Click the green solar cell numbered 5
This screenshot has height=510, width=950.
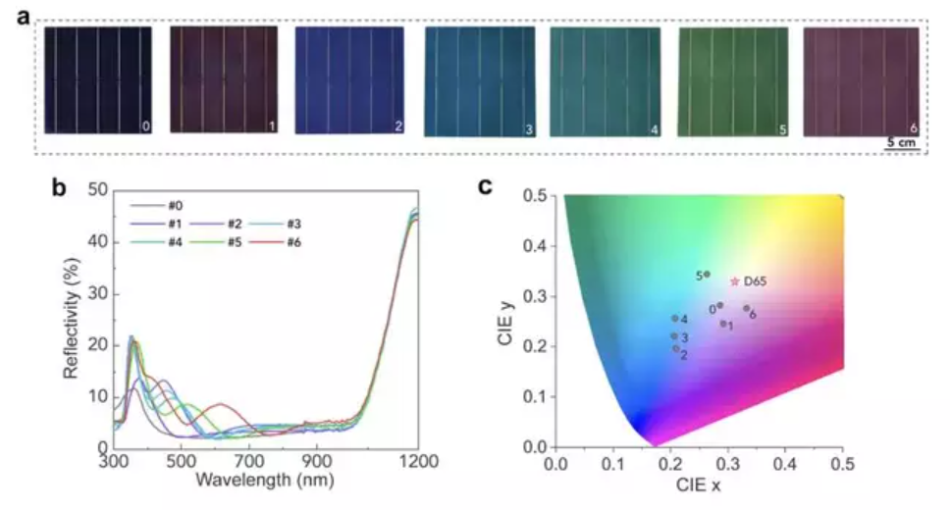[x=733, y=80]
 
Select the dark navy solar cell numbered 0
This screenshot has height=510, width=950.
[x=98, y=79]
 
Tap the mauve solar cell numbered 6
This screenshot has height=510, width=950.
[x=861, y=80]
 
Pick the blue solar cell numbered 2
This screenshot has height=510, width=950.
[x=349, y=80]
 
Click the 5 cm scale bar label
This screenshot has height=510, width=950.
[x=901, y=143]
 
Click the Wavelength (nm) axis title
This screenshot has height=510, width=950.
[x=265, y=482]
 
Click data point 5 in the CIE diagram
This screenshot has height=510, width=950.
[x=708, y=275]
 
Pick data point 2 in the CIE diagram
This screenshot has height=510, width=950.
[x=675, y=348]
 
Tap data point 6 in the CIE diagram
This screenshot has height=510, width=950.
[x=746, y=308]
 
